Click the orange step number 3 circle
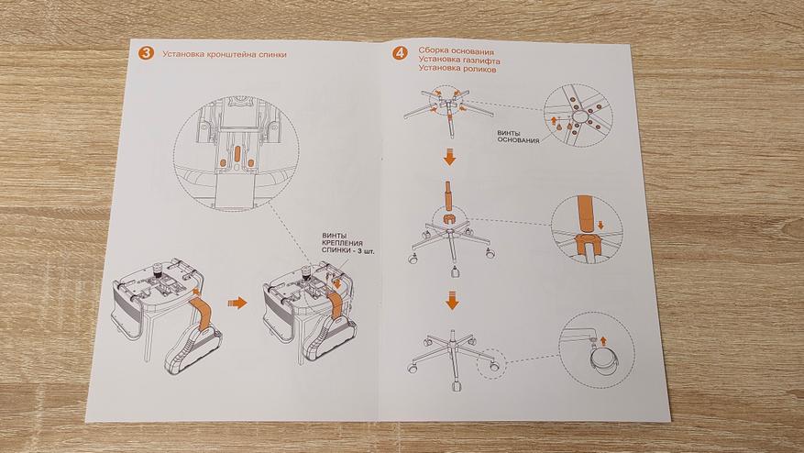146,53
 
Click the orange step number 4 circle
400,52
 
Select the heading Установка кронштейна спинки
225,54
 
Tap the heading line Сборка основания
456,50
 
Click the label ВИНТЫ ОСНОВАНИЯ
517,137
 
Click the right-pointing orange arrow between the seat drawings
237,302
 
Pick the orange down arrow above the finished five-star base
450,299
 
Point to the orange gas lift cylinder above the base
449,198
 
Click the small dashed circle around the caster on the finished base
490,361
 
